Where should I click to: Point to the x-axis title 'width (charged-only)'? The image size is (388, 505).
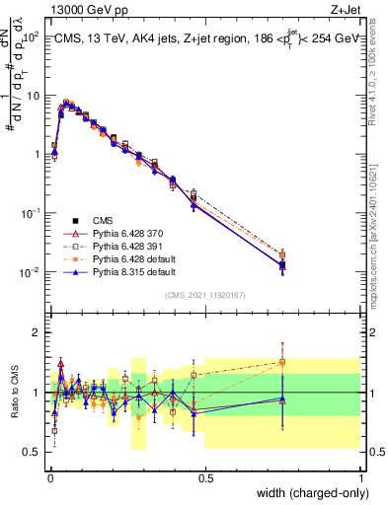(x=308, y=493)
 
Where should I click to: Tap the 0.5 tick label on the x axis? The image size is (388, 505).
(x=205, y=477)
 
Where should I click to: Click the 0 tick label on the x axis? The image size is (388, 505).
(x=49, y=477)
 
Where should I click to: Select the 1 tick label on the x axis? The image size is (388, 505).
(x=360, y=477)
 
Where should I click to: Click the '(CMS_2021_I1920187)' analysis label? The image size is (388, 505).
(x=205, y=294)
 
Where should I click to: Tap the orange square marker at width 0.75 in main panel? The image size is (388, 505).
(x=283, y=254)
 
